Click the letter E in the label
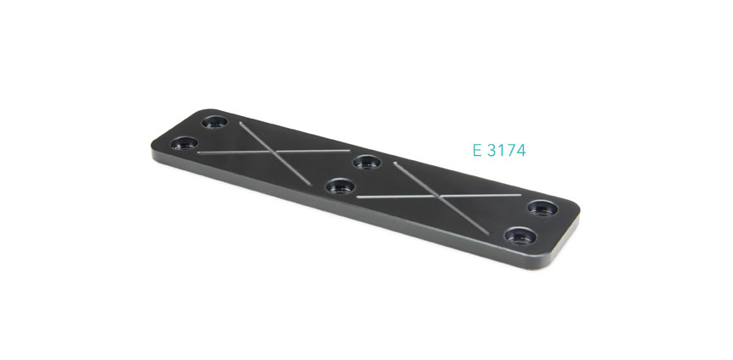pyautogui.click(x=477, y=152)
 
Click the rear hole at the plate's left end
pyautogui.click(x=215, y=121)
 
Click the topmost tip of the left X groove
pyautogui.click(x=241, y=125)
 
